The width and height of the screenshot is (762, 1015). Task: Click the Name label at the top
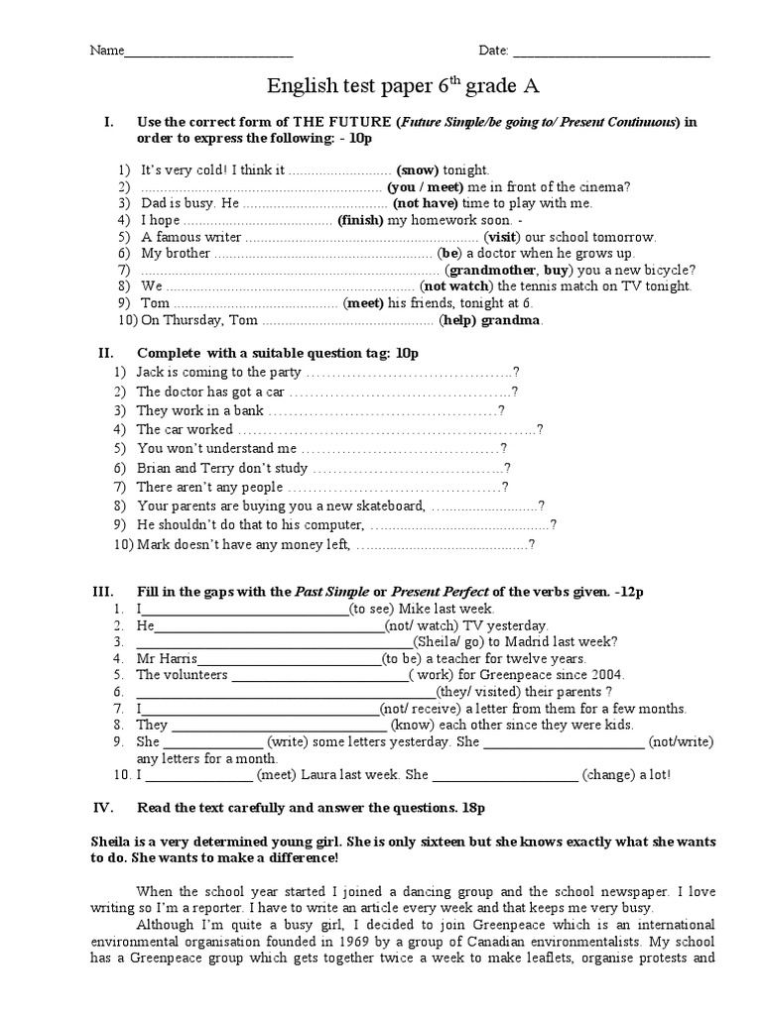[x=106, y=51]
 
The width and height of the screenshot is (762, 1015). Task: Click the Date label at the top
[x=494, y=51]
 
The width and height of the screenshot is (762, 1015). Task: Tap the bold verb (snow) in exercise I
[x=418, y=170]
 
